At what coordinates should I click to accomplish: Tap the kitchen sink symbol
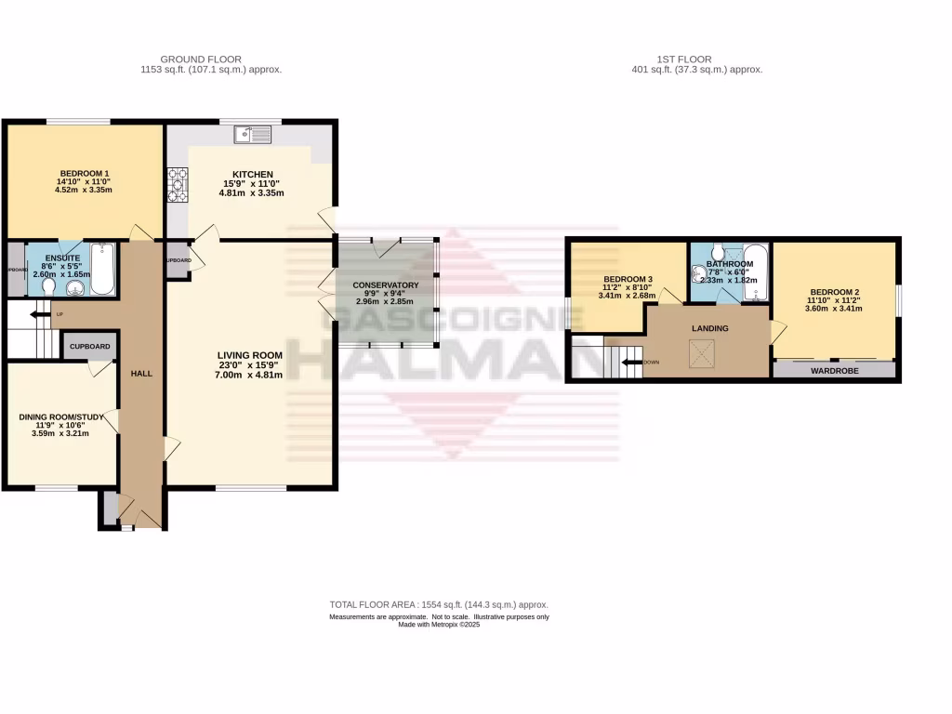(253, 135)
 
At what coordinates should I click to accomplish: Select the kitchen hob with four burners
(178, 184)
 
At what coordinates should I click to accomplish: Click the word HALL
(141, 373)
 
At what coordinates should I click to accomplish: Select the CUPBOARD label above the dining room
(91, 347)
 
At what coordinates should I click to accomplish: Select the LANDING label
(709, 328)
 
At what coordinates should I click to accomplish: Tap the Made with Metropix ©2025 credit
(439, 625)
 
